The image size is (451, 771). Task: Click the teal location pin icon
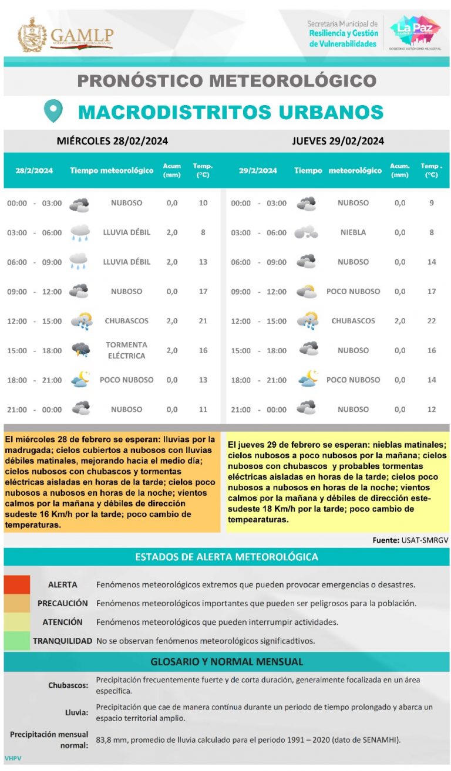53,110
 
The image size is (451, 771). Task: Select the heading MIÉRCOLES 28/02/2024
112,141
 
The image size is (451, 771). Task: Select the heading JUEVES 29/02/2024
338,141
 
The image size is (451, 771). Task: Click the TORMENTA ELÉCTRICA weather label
126,350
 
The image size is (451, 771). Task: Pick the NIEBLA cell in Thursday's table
353,232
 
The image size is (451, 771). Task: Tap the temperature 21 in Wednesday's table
203,321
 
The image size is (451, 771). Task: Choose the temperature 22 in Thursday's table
432,321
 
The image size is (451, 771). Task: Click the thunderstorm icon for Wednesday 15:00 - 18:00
80,350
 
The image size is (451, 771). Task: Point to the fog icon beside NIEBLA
307,232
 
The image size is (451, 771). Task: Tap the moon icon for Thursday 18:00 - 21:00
308,379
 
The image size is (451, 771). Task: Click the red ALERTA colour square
17,584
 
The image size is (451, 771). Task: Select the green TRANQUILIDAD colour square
17,640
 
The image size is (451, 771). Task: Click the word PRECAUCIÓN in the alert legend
63,603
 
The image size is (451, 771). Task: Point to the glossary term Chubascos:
69,685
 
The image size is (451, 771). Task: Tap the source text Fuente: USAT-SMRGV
410,540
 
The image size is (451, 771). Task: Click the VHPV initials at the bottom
13,758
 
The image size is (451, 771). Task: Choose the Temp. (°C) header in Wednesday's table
203,170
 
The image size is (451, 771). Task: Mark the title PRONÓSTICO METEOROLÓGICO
227,80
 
